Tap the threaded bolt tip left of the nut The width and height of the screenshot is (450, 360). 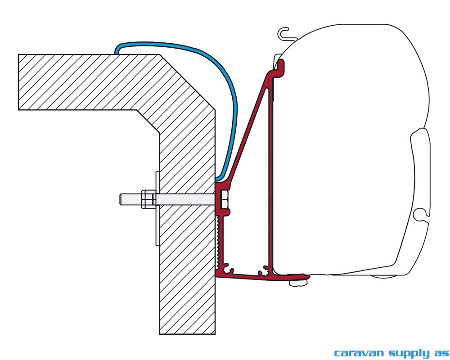click(130, 199)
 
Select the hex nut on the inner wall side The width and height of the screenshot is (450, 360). click(148, 199)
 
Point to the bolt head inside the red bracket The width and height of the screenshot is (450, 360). click(225, 199)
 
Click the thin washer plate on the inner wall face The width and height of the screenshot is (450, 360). click(157, 209)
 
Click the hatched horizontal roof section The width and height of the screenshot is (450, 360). click(86, 82)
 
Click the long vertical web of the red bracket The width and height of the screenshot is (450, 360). click(270, 172)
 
